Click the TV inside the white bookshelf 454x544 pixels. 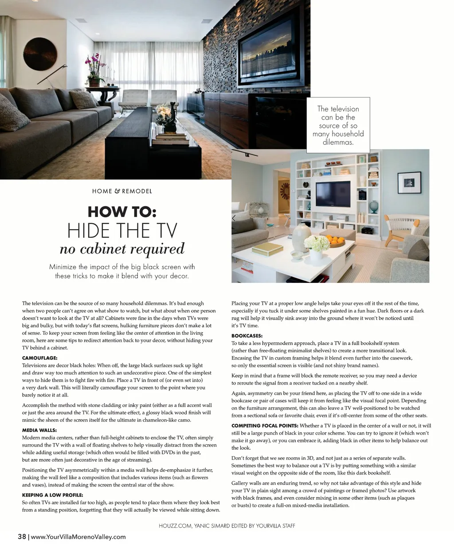[332, 194]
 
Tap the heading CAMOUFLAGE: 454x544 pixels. [40, 358]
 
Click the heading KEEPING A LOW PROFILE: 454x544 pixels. [52, 495]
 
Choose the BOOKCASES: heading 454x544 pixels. [247, 336]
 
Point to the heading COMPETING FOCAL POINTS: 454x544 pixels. [264, 425]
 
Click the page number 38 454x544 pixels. [22, 536]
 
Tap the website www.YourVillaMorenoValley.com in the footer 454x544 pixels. [78, 537]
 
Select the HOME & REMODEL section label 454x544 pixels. [122, 191]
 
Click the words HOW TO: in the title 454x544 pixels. [122, 212]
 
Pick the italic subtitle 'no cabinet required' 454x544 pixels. [122, 249]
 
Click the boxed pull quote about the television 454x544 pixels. [338, 125]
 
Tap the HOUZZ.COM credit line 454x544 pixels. [227, 526]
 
